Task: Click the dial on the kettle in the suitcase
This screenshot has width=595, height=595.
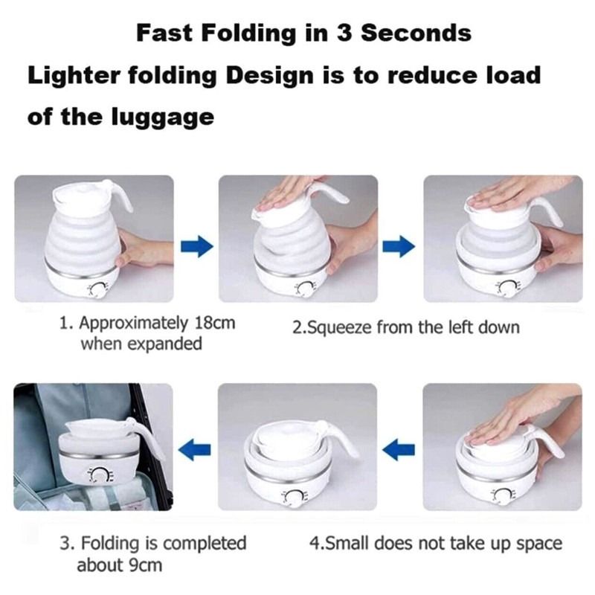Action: coord(97,473)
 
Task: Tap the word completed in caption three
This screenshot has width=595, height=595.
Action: coord(203,544)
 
